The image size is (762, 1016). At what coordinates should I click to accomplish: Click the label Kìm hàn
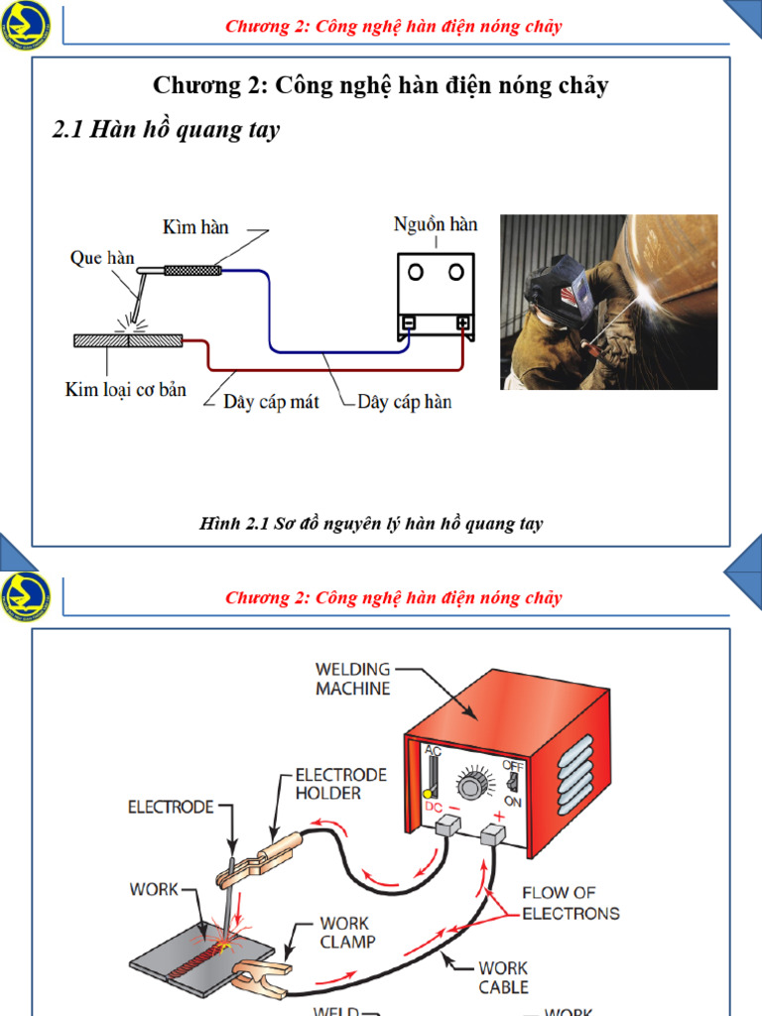coord(195,227)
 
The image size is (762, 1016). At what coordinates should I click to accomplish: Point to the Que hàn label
coord(101,258)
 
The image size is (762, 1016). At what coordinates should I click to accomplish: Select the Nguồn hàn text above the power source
coord(436,224)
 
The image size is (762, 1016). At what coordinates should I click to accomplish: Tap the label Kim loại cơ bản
coord(126,390)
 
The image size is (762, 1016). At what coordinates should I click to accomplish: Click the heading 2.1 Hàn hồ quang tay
coord(166,130)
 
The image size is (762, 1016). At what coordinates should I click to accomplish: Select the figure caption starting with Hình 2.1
coord(371,523)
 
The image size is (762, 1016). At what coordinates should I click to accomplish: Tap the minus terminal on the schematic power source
coord(408,323)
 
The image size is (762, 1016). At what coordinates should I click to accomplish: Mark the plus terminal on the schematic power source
coord(462,323)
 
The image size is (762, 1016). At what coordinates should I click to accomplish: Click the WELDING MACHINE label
coord(353,679)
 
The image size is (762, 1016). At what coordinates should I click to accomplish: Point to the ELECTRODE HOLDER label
coord(340,784)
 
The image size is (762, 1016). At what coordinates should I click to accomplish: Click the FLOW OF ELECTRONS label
coord(571,903)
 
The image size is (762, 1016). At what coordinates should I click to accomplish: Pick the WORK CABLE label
coord(503,977)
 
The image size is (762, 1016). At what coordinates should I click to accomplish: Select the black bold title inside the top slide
coord(381,85)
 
